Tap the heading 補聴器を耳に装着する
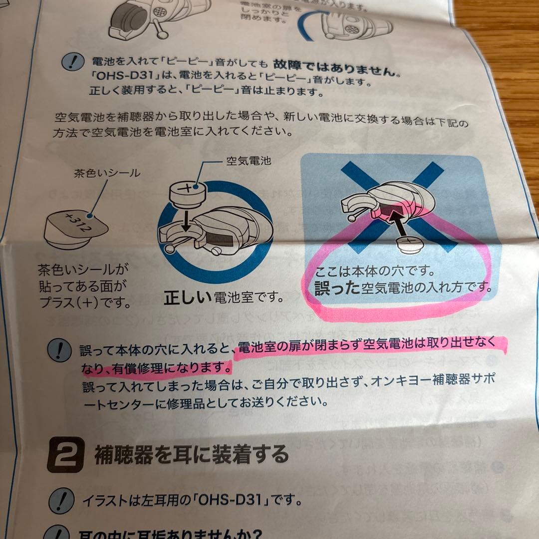(x=192, y=455)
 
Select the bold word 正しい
(x=188, y=297)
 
